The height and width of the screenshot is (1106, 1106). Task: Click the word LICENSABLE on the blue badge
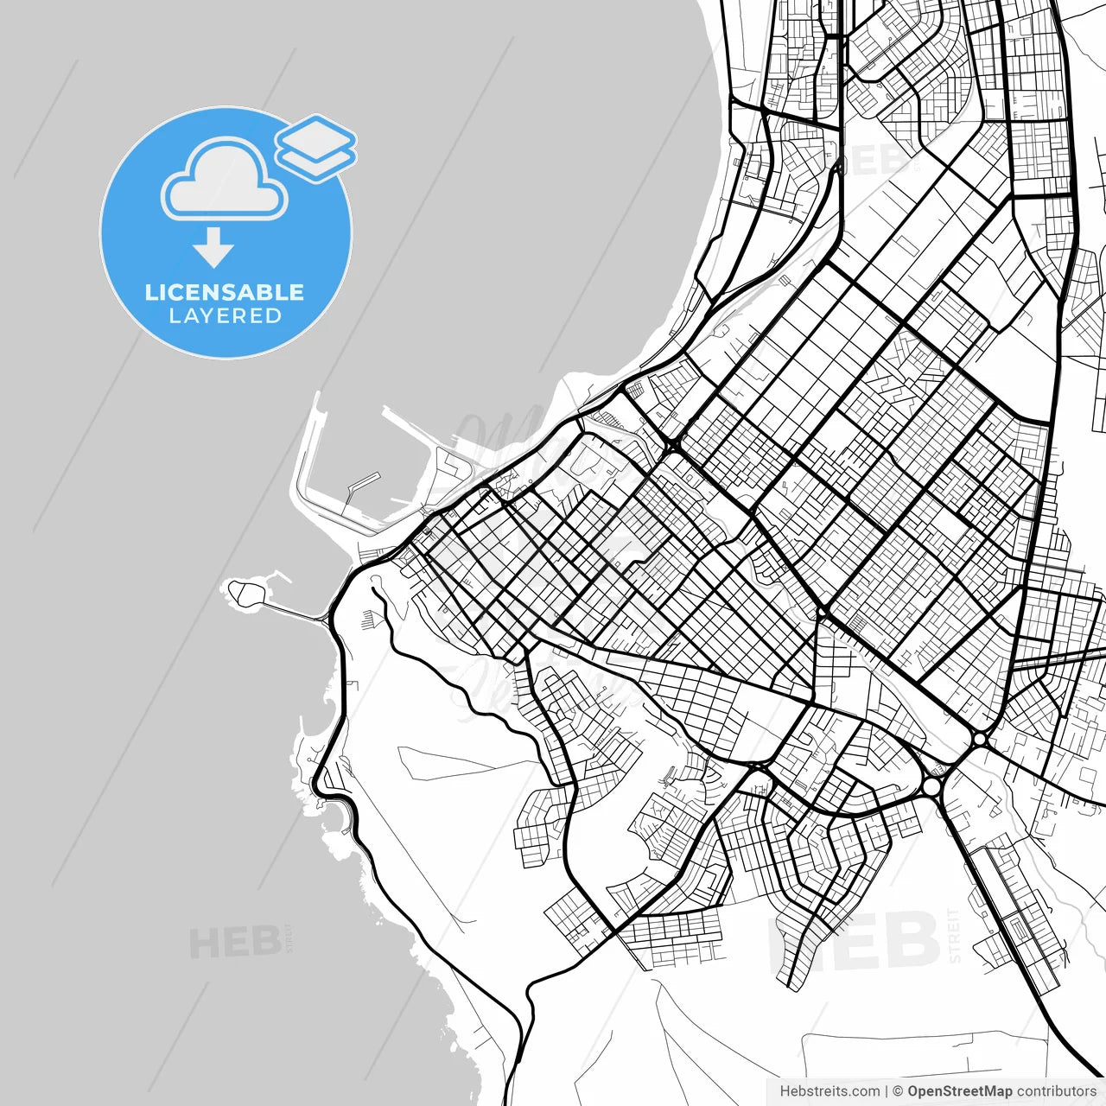pyautogui.click(x=225, y=292)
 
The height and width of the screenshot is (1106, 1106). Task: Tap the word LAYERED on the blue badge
pyautogui.click(x=225, y=316)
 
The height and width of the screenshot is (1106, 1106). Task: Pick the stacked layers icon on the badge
pyautogui.click(x=316, y=147)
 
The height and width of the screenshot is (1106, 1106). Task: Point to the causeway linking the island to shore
pyautogui.click(x=294, y=611)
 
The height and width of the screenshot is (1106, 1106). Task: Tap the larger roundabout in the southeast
pyautogui.click(x=932, y=787)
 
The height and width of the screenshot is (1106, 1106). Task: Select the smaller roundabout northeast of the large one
pyautogui.click(x=980, y=740)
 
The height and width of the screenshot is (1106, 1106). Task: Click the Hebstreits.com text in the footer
pyautogui.click(x=829, y=1091)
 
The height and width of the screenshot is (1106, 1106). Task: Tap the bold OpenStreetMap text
pyautogui.click(x=959, y=1091)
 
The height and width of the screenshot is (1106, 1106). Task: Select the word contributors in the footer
pyautogui.click(x=1056, y=1091)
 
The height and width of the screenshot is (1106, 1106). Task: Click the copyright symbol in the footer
pyautogui.click(x=898, y=1091)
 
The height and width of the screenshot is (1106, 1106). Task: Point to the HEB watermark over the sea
pyautogui.click(x=234, y=942)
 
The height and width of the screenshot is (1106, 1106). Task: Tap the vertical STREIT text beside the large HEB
pyautogui.click(x=954, y=935)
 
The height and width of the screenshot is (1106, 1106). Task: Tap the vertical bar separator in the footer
pyautogui.click(x=887, y=1091)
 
